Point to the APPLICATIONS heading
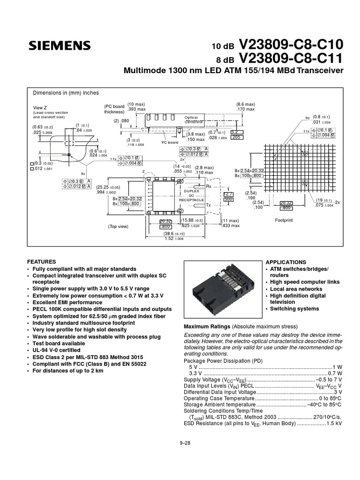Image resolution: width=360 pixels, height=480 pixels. click(x=286, y=262)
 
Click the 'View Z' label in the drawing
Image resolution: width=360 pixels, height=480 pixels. click(x=40, y=107)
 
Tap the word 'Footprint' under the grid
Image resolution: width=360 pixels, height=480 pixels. click(x=284, y=219)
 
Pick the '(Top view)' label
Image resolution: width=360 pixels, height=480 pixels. click(x=118, y=226)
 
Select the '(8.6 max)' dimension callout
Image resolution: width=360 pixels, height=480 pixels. click(x=245, y=104)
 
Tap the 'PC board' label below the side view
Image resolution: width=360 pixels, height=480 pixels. click(x=170, y=142)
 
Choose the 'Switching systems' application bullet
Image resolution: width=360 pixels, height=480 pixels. click(x=294, y=309)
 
